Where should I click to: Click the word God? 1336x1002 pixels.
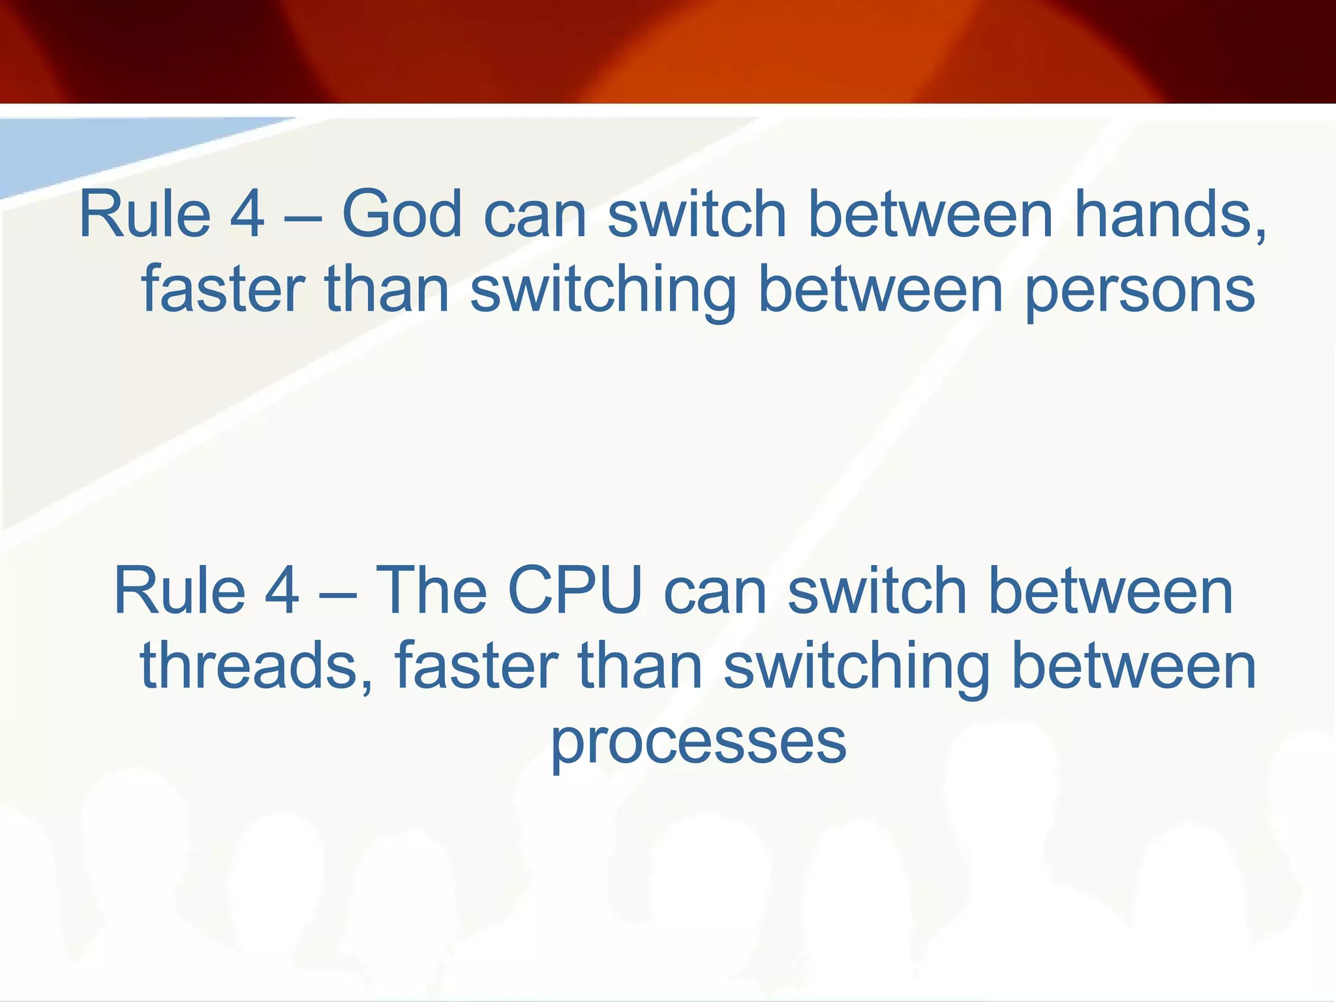(x=402, y=214)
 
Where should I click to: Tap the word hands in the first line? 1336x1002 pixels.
(x=1162, y=214)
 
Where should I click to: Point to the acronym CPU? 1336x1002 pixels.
(x=575, y=590)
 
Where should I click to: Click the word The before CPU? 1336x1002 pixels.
(x=432, y=590)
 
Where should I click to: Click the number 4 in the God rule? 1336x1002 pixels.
(x=247, y=214)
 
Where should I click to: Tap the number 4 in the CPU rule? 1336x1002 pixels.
(x=282, y=590)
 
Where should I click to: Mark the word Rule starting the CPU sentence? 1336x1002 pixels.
(x=179, y=590)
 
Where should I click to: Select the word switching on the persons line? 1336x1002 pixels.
(x=603, y=290)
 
